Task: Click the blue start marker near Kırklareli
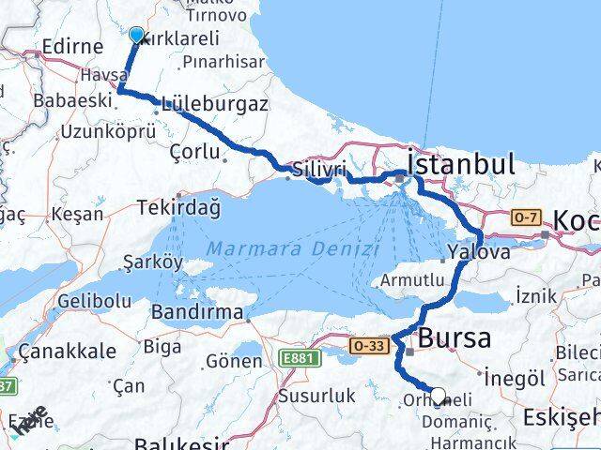(136, 36)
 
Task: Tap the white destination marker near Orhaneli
(438, 396)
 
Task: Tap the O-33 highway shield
(368, 345)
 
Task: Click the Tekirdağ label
(178, 207)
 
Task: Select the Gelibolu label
(94, 301)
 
